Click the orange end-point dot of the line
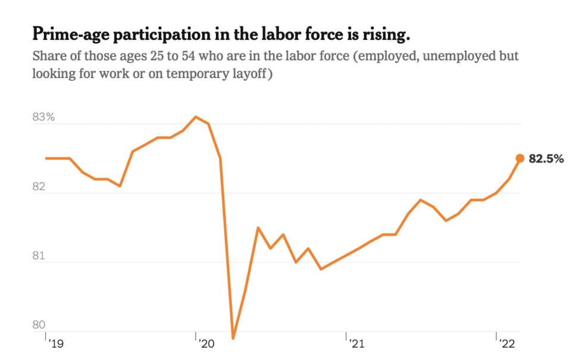coord(519,158)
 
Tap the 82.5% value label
coord(546,159)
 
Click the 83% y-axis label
coord(43,117)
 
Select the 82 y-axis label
coord(40,186)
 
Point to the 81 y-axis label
coord(39,256)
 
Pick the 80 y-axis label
coord(39,325)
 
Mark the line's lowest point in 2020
coord(233,338)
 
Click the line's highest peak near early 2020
coord(196,117)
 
